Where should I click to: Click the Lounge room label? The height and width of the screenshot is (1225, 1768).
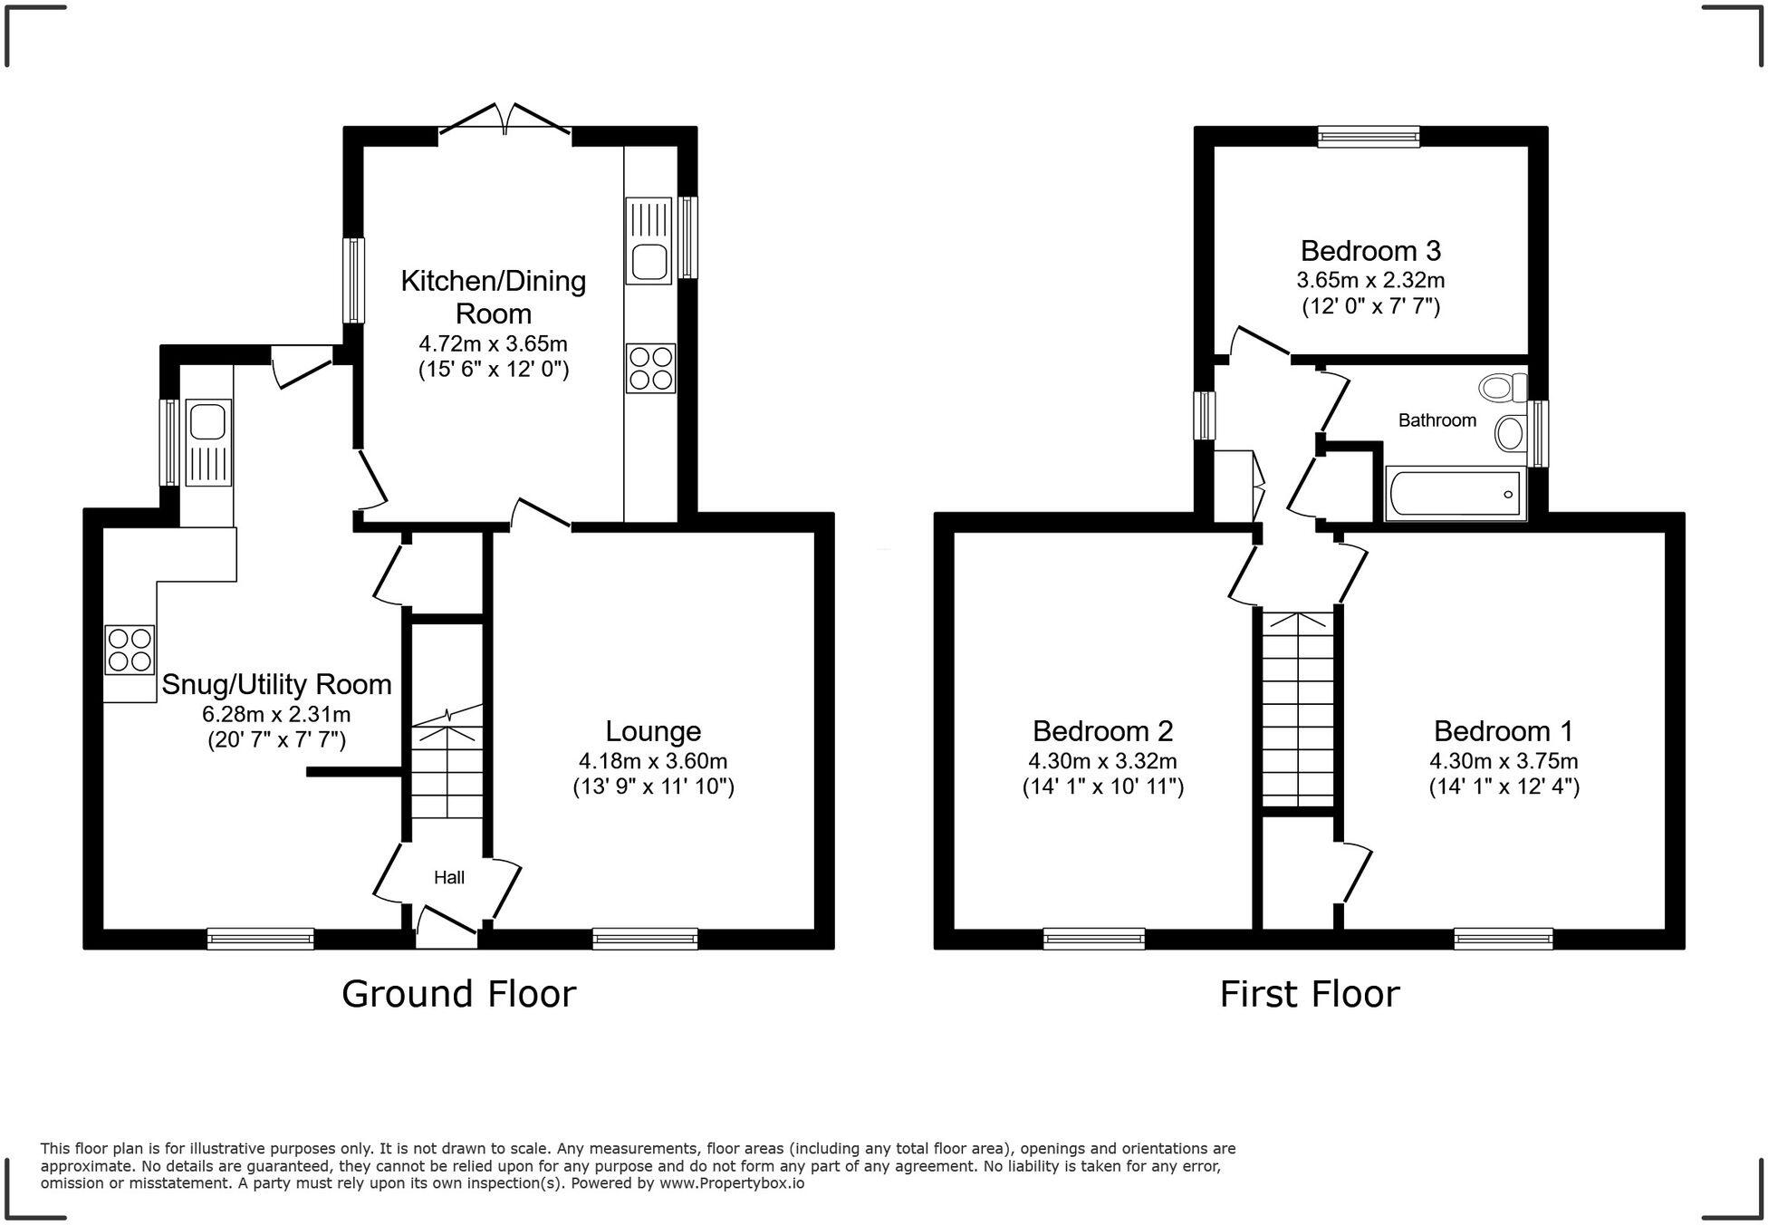(653, 730)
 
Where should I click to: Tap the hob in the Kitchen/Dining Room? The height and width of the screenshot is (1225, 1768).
(650, 368)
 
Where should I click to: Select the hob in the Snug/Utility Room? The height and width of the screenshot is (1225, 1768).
(130, 650)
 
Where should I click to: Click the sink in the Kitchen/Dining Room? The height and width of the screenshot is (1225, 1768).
(648, 243)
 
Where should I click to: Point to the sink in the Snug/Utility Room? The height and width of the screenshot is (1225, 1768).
(208, 443)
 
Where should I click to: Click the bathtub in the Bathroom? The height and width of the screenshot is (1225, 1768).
(1455, 494)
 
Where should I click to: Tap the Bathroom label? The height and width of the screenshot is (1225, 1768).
(1436, 420)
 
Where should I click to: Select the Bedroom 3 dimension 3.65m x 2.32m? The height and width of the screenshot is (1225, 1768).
(1370, 280)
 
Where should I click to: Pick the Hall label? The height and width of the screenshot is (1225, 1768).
(449, 877)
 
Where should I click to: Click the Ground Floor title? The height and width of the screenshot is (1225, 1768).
(458, 994)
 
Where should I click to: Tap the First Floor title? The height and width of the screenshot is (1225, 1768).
(1309, 994)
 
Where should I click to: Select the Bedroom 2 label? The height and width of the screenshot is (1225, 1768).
(1102, 730)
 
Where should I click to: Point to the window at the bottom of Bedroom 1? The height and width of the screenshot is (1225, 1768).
(1503, 939)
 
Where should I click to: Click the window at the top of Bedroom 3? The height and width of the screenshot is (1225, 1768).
(1368, 137)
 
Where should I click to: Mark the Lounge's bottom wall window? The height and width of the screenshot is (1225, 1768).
(645, 939)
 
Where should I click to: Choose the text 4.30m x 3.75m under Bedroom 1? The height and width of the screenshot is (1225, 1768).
(1504, 760)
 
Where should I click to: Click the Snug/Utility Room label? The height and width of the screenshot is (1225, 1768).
(276, 684)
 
